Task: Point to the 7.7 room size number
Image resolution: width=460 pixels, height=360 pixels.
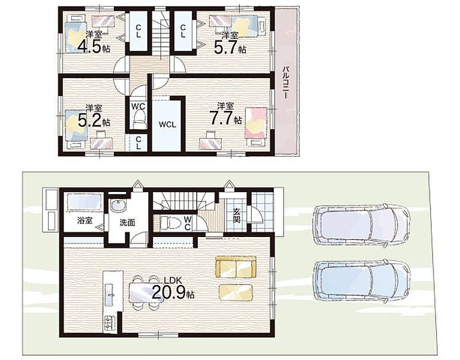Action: [x=221, y=117]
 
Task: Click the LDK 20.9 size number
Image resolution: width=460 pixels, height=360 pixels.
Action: [x=169, y=292]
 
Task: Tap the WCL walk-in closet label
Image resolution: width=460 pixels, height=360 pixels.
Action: [x=167, y=125]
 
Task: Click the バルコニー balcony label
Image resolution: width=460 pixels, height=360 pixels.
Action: [x=285, y=82]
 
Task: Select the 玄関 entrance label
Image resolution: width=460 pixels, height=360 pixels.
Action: [x=237, y=215]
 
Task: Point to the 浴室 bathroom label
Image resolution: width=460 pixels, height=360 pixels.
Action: [x=85, y=221]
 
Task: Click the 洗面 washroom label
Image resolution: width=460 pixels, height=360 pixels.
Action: [x=127, y=223]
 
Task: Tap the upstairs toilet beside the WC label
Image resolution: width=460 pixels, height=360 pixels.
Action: [x=139, y=119]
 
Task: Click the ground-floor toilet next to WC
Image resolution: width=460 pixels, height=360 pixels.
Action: [x=169, y=222]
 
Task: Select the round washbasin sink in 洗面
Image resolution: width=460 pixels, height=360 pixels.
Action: [x=118, y=205]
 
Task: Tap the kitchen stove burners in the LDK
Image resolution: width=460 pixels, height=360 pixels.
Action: [x=109, y=323]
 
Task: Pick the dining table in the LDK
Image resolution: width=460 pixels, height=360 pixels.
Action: [x=145, y=293]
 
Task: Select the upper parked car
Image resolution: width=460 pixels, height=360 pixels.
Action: [x=361, y=225]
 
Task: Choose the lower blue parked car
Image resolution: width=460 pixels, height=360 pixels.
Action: [x=361, y=280]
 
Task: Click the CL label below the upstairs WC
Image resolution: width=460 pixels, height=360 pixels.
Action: [x=138, y=143]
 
